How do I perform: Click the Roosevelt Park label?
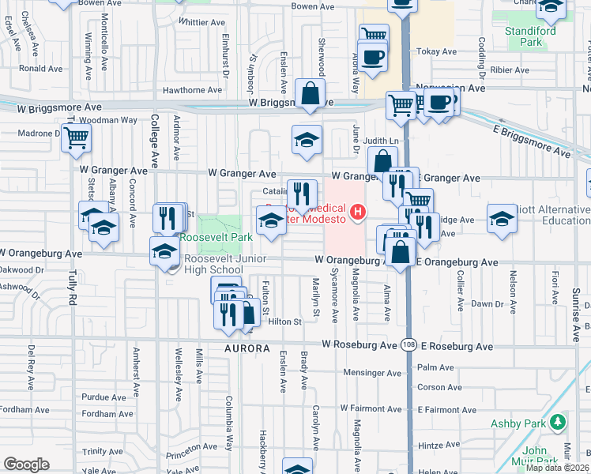pyautogui.click(x=216, y=236)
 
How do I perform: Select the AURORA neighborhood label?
pyautogui.click(x=247, y=348)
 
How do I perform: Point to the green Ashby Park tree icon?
pyautogui.click(x=559, y=423)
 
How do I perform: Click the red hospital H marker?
pyautogui.click(x=359, y=212)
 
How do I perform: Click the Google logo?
pyautogui.click(x=26, y=465)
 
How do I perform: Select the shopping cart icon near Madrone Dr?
pyautogui.click(x=76, y=137)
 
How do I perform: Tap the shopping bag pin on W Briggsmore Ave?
pyautogui.click(x=311, y=93)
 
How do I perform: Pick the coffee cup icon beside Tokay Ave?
pyautogui.click(x=374, y=58)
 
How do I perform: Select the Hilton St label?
pyautogui.click(x=285, y=322)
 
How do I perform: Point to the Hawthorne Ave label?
pyautogui.click(x=193, y=90)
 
